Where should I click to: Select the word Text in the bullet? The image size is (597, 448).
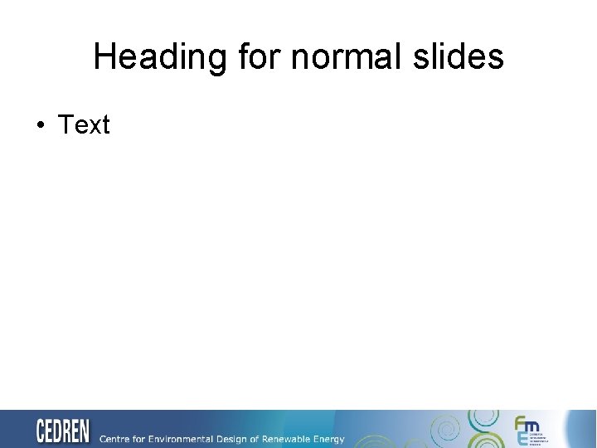(84, 125)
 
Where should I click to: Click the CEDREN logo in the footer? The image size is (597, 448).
(62, 431)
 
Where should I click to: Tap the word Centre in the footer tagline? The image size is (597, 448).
(116, 439)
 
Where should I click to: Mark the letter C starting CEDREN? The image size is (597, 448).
(41, 431)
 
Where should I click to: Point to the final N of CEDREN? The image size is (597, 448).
(84, 431)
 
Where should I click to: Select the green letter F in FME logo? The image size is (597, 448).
(520, 423)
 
